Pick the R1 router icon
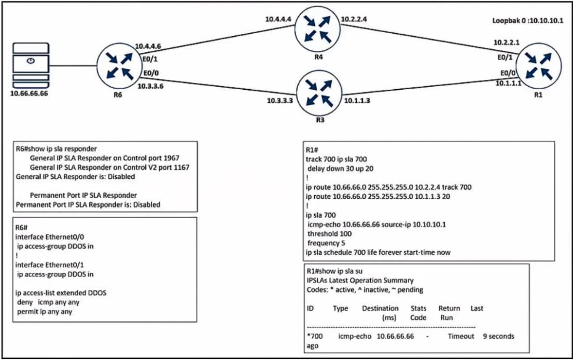pyautogui.click(x=536, y=66)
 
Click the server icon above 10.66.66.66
pyautogui.click(x=31, y=66)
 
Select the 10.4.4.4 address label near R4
pyautogui.click(x=279, y=19)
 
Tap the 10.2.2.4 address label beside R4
pyautogui.click(x=354, y=20)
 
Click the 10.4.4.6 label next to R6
pyautogui.click(x=148, y=46)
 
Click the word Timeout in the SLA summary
pyautogui.click(x=461, y=336)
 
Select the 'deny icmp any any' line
pyautogui.click(x=49, y=302)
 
